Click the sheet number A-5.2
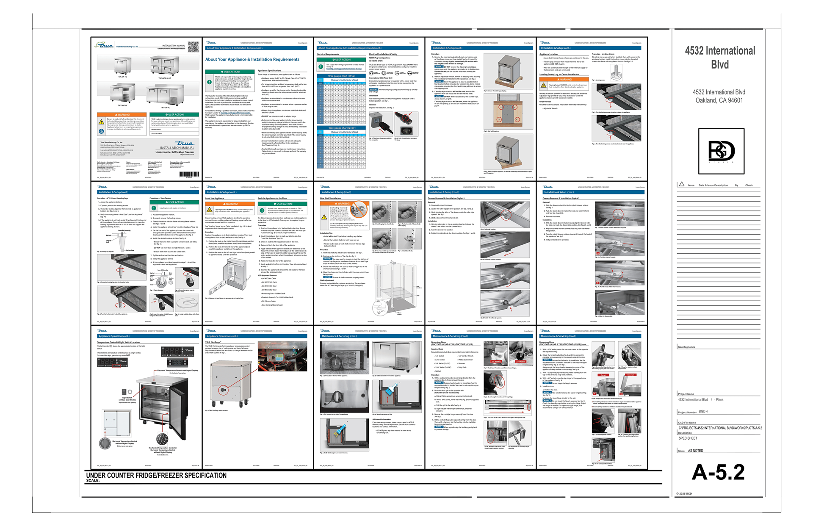point(718,472)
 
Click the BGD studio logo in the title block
point(721,151)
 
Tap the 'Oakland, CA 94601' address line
point(719,100)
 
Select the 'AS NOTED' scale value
point(695,451)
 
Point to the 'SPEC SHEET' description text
point(688,438)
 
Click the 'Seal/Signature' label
point(686,347)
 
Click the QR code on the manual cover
point(193,47)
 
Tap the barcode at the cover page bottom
point(189,174)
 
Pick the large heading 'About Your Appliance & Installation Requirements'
point(252,60)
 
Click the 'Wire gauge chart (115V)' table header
point(341,76)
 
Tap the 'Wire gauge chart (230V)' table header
point(341,128)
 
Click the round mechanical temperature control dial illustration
point(162,439)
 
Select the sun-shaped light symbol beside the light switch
point(130,392)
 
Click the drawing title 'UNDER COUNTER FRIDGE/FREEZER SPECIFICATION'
point(156,476)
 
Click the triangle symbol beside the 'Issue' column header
point(681,184)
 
